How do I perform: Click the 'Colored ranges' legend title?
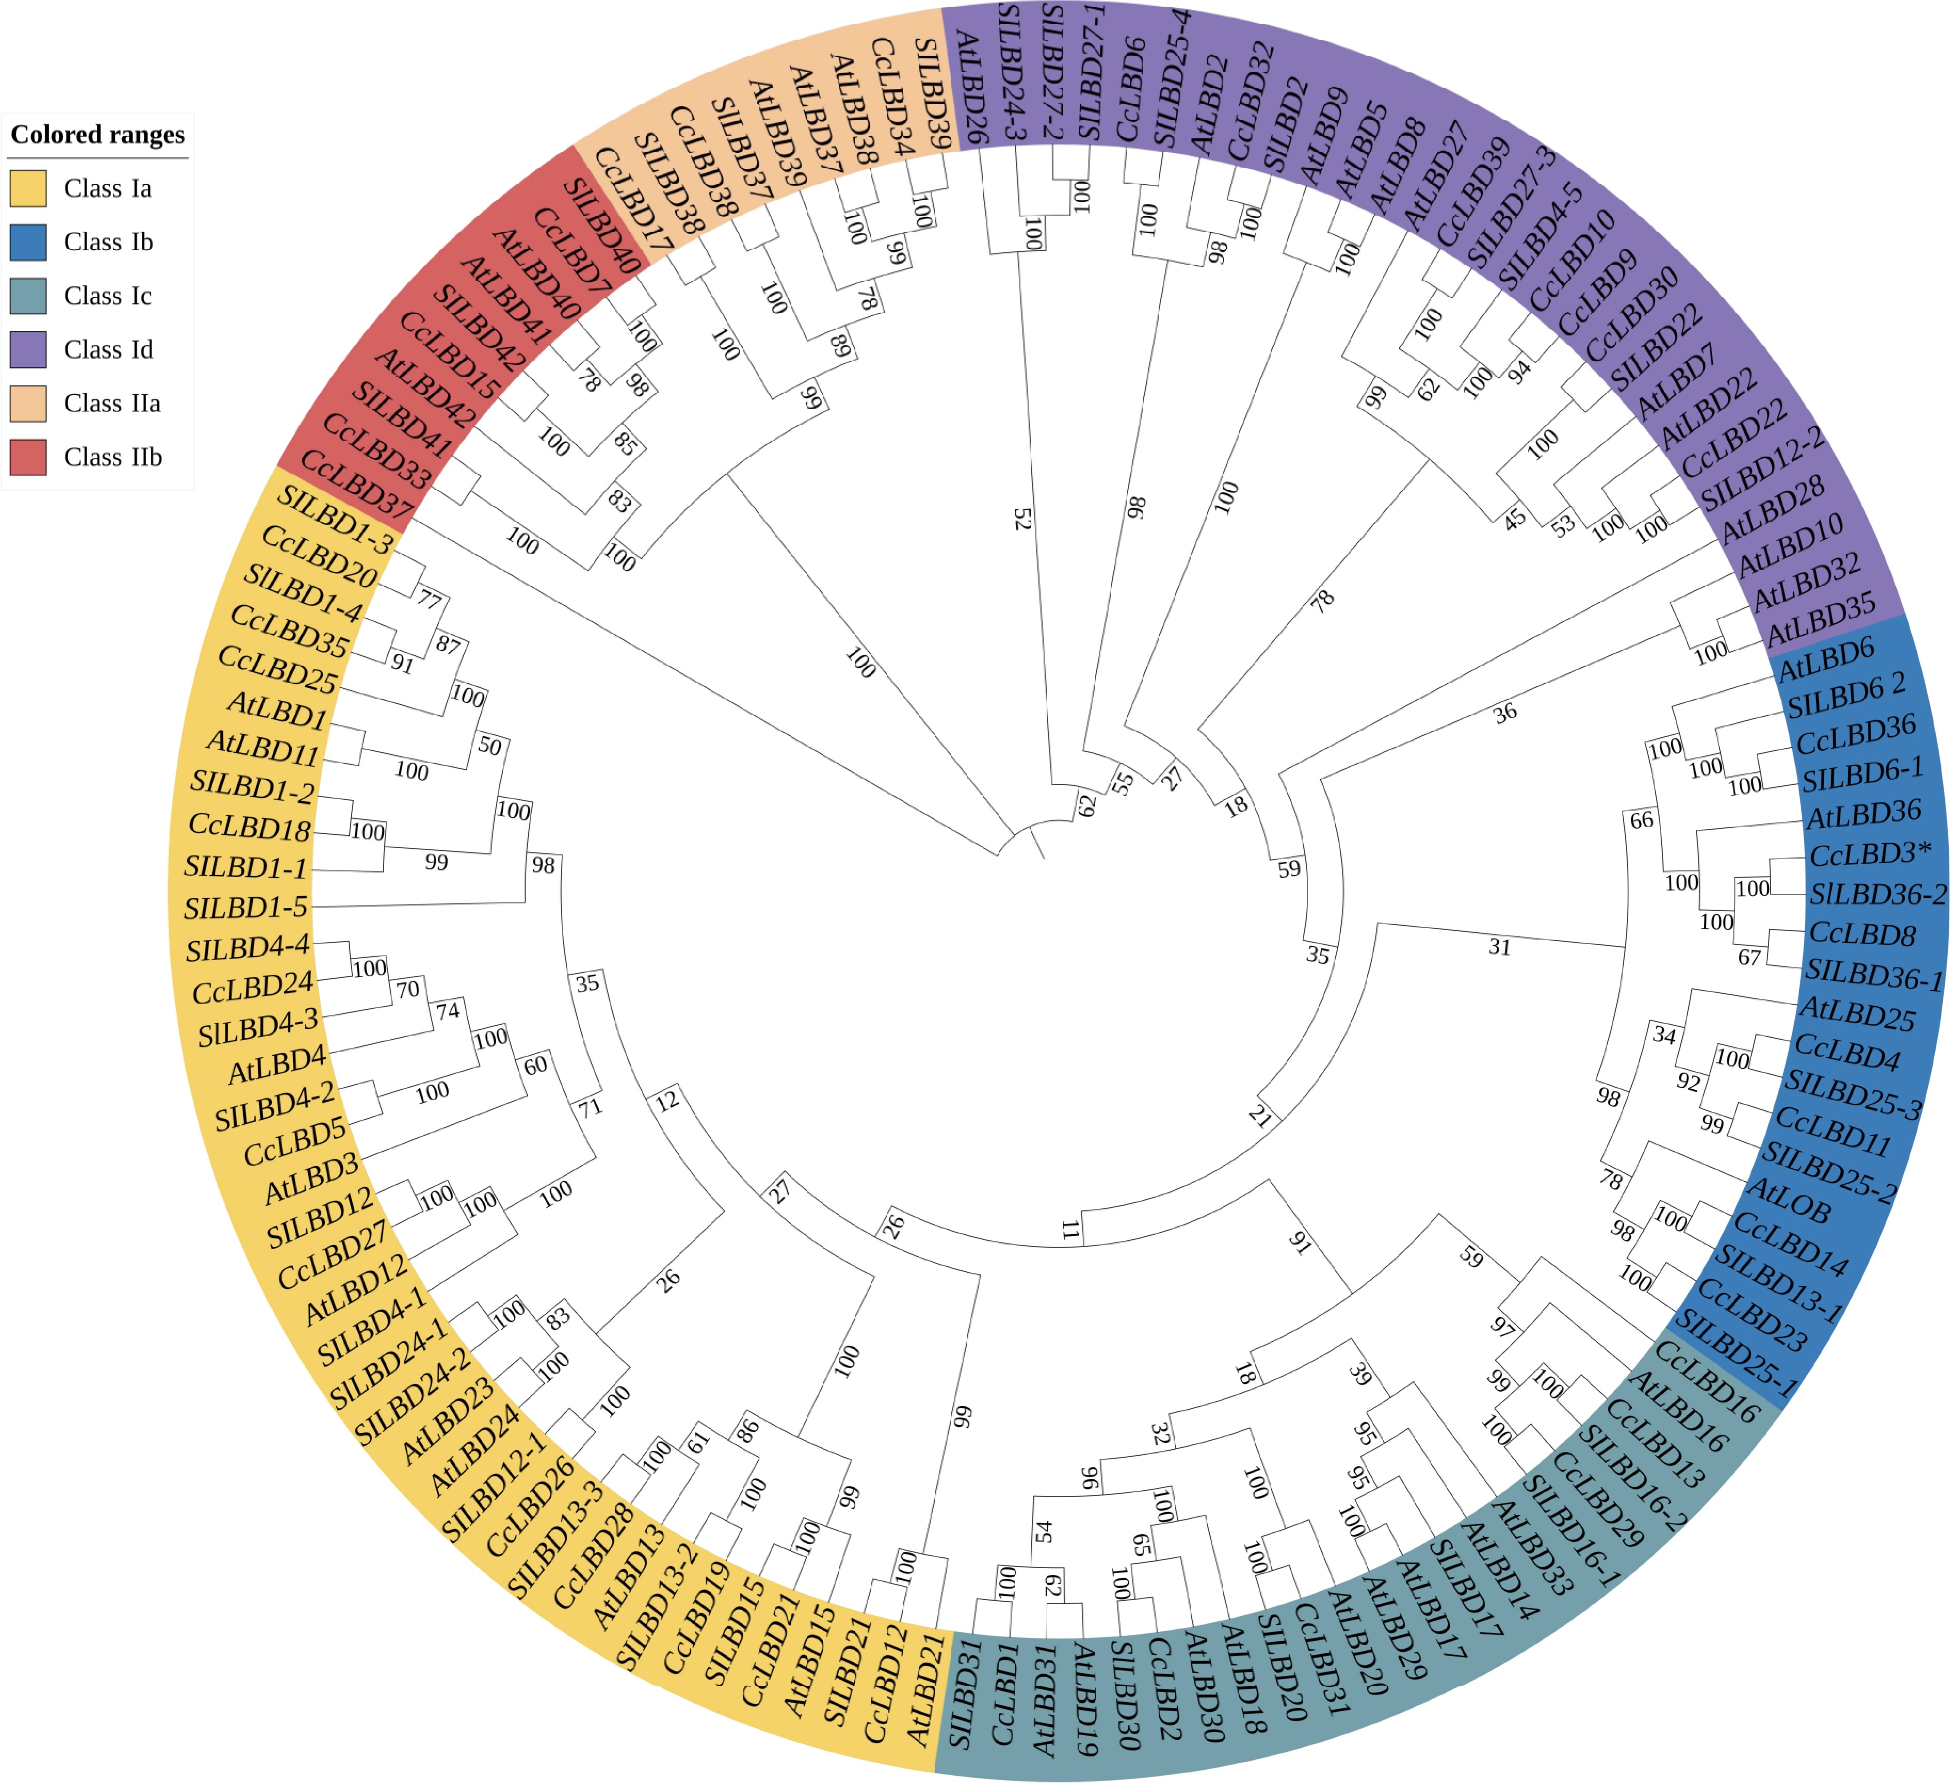pos(97,135)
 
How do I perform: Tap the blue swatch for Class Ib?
pos(28,242)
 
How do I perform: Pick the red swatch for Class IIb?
pos(28,457)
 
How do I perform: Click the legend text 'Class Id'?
pos(108,349)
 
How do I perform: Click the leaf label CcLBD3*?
pos(1870,855)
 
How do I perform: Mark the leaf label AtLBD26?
pos(970,87)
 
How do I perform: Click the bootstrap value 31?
pos(1499,947)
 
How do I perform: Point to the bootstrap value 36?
pos(1505,714)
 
